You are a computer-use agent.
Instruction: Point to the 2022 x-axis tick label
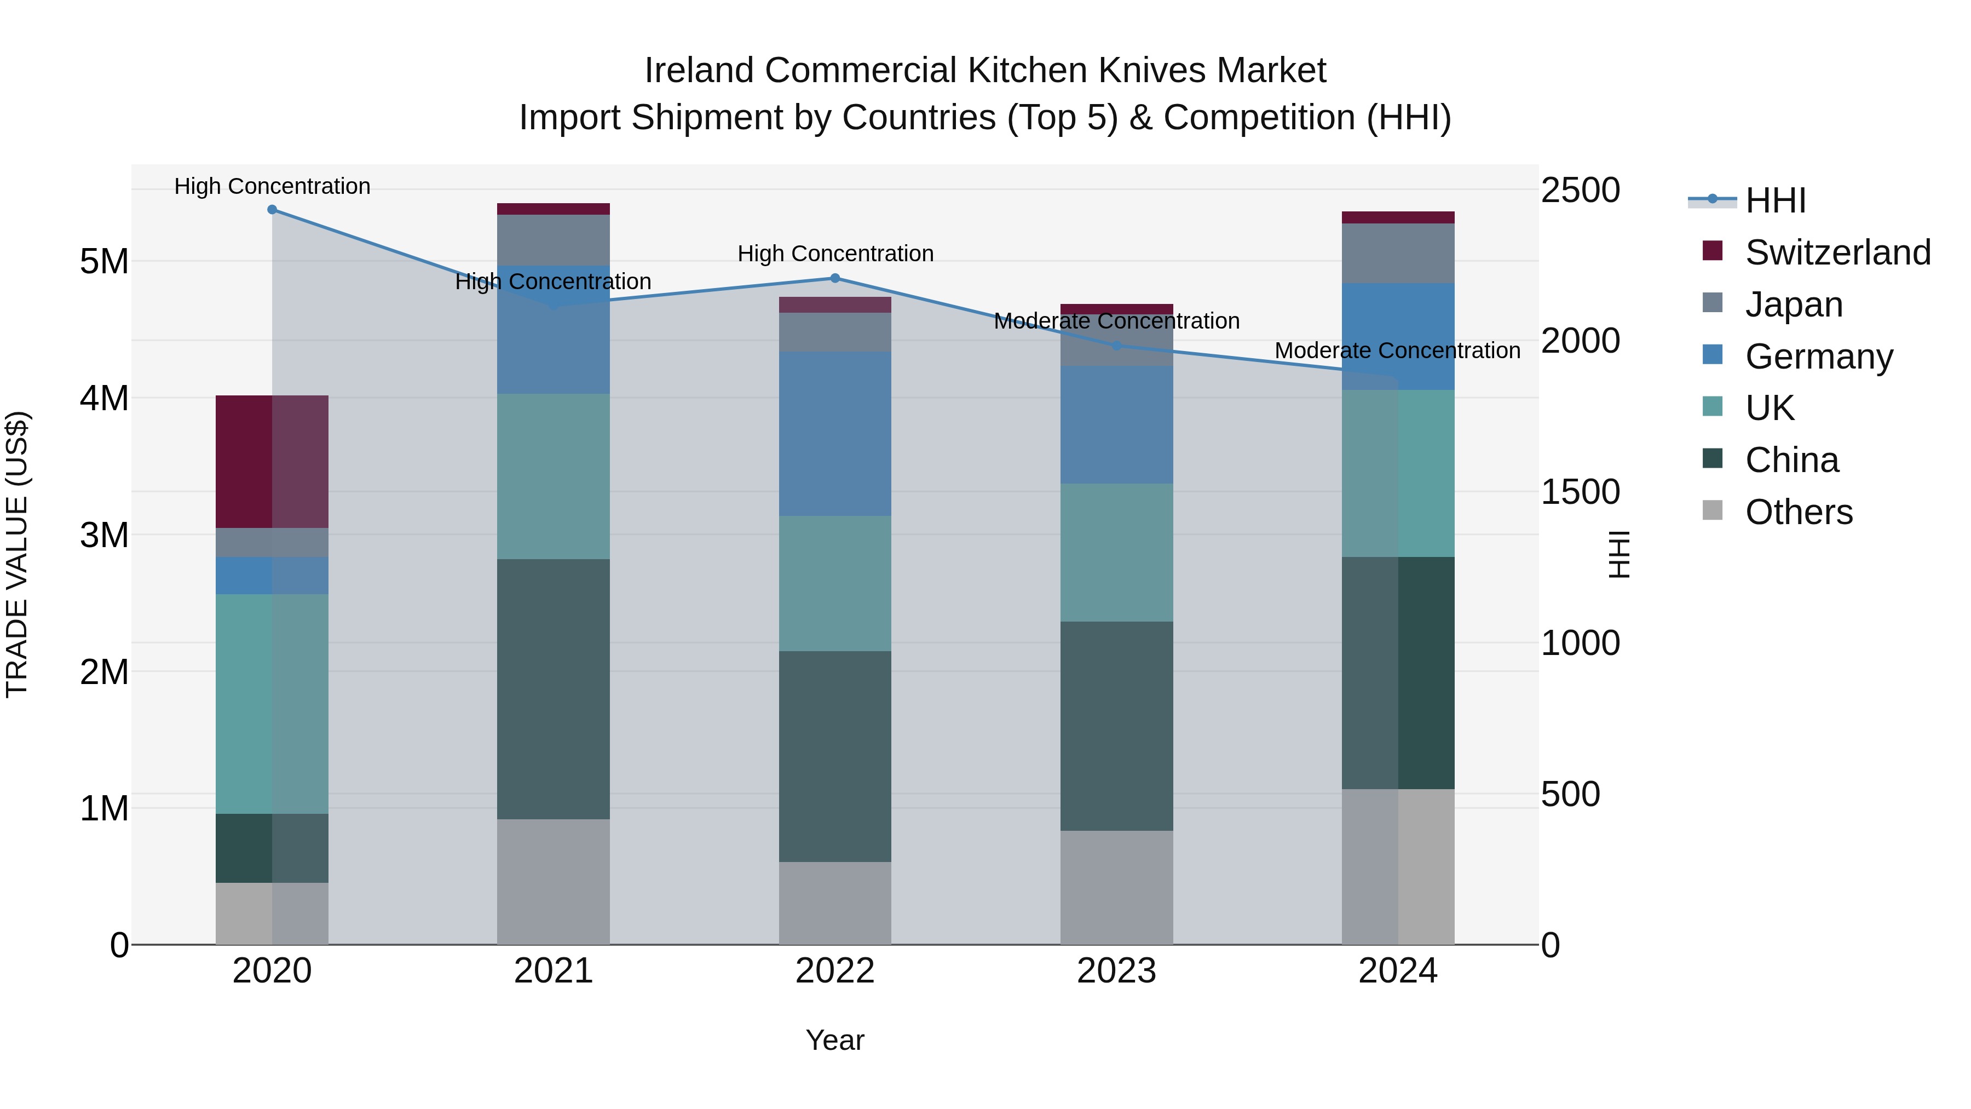tap(835, 971)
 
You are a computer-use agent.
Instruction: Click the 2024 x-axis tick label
tap(1398, 971)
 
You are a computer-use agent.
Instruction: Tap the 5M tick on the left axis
tap(104, 262)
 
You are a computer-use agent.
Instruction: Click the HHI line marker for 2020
tap(273, 210)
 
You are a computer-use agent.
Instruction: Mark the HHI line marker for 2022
tap(835, 279)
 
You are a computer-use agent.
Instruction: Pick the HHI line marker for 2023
tap(1116, 346)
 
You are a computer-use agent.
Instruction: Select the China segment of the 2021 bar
tap(553, 689)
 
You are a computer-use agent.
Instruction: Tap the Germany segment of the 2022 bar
tap(835, 433)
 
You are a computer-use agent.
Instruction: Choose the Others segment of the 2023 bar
tap(1116, 887)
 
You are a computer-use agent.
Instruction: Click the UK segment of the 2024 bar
tap(1398, 473)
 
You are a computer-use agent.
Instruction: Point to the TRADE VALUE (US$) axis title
tap(17, 554)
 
